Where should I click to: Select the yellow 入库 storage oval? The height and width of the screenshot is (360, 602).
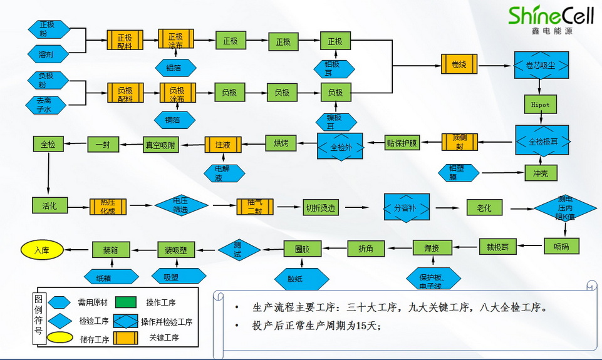tap(42, 250)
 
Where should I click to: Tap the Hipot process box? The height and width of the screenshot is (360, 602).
tap(540, 105)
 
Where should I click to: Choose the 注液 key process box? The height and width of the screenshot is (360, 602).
tap(223, 145)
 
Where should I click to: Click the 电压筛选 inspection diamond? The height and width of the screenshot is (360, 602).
tap(180, 206)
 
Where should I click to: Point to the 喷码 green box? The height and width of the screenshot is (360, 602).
tap(561, 246)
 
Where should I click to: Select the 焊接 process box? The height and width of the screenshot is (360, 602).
tap(432, 248)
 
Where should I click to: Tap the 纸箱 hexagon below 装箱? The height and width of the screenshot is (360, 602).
tap(111, 277)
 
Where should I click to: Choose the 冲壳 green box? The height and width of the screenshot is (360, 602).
tap(540, 173)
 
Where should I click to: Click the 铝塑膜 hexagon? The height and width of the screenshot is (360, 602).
tap(459, 172)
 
